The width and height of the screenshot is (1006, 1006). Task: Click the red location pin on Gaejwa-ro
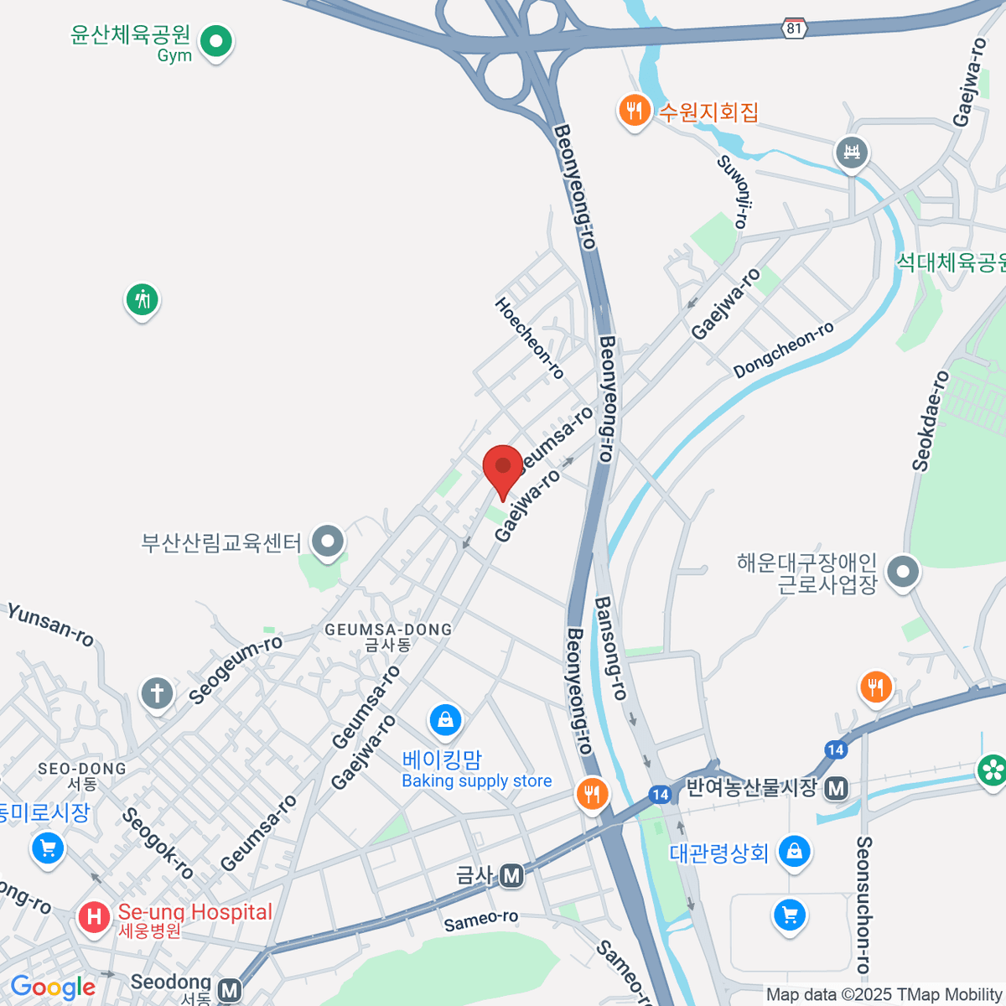503,468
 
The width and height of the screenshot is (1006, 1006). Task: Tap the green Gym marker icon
216,40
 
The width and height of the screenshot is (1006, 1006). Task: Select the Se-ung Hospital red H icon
94,916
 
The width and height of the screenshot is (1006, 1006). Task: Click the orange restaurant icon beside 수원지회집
635,110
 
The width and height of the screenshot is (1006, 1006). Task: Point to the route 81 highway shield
794,29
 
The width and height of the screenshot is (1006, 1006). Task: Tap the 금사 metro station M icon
511,876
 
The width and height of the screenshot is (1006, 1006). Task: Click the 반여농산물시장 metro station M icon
836,788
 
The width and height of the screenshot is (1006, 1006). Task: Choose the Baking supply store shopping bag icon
445,719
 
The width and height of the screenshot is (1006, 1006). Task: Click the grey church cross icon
157,693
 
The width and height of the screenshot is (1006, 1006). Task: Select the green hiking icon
143,298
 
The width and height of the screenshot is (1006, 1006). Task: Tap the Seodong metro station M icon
229,989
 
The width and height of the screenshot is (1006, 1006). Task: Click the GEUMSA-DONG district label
388,630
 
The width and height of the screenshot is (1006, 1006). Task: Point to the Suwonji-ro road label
733,191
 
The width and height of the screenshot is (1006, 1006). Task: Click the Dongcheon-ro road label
784,349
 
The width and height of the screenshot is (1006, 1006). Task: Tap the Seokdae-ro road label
931,421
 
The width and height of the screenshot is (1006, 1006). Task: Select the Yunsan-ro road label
50,625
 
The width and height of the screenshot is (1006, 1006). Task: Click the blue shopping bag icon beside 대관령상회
794,852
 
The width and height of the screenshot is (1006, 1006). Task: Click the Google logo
53,988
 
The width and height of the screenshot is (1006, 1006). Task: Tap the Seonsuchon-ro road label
863,904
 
